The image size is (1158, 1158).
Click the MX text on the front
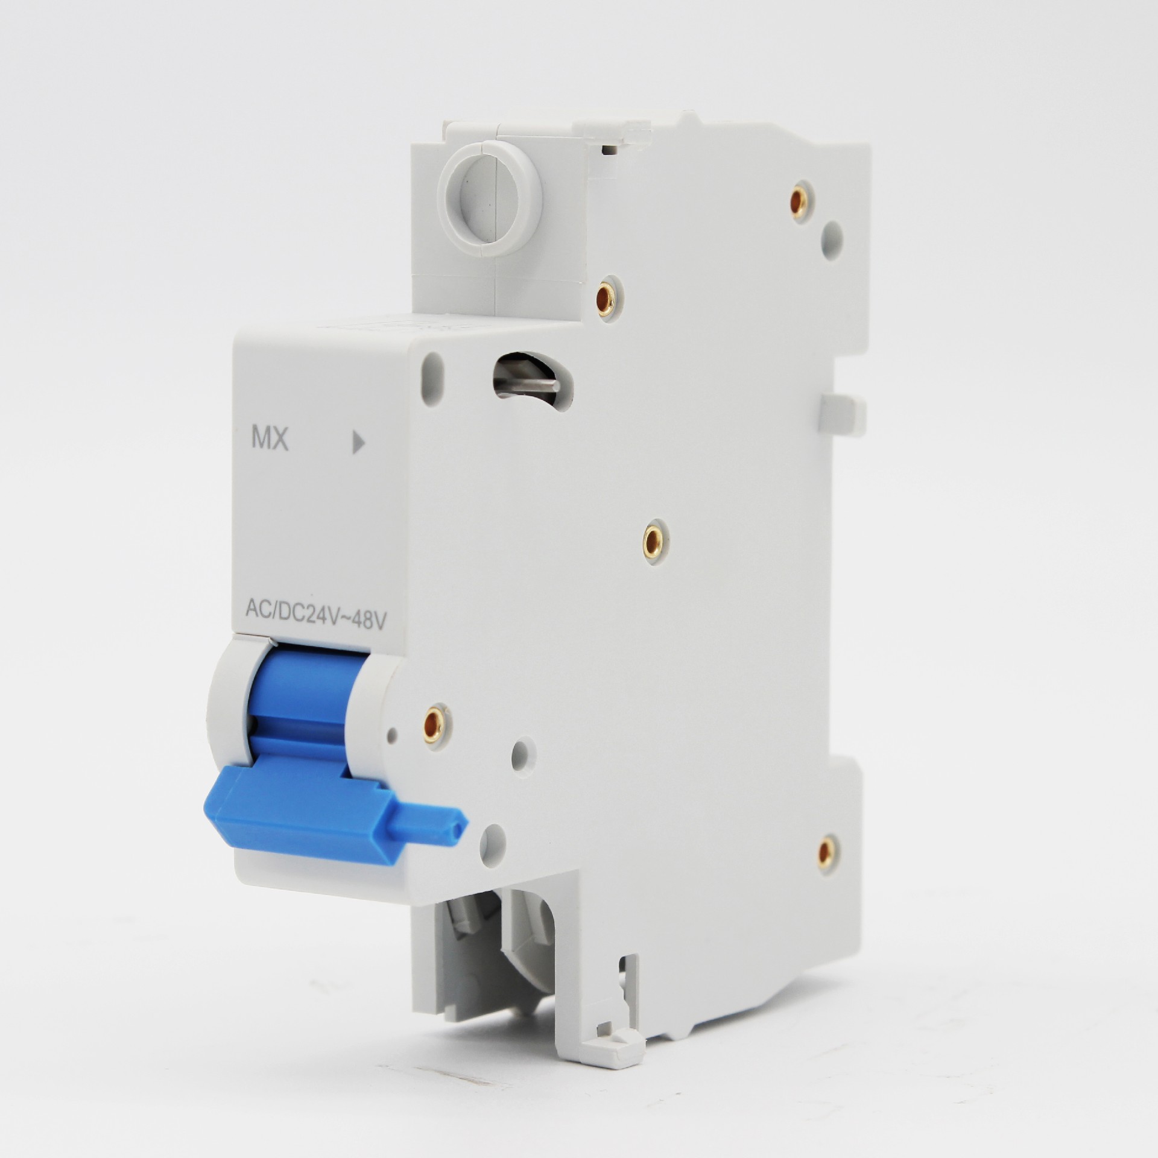coord(270,438)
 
